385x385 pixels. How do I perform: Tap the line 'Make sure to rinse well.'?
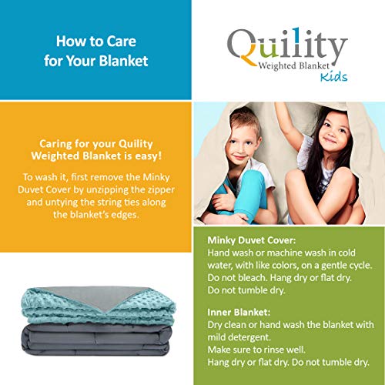click(x=263, y=350)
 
